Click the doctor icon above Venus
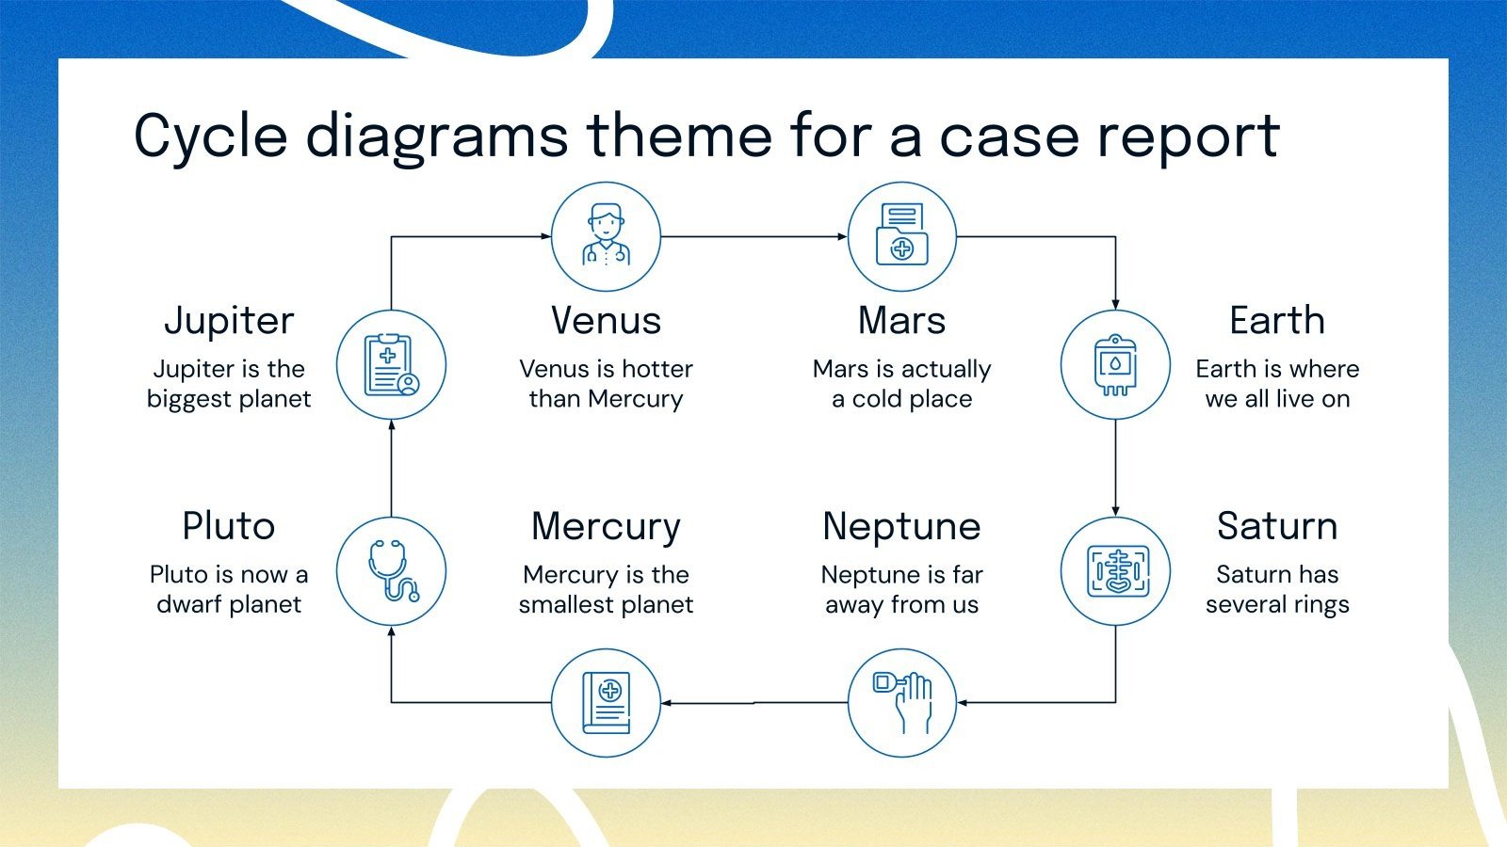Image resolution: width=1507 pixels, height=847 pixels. coord(606,236)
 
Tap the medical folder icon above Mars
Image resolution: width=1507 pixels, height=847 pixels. coord(902,236)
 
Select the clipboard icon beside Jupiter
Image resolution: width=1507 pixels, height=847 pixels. coord(391,365)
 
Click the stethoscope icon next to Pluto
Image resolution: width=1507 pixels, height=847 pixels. coord(391,571)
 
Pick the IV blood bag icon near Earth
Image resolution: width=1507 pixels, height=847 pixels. coord(1115,365)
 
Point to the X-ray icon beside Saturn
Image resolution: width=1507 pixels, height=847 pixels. coord(1115,571)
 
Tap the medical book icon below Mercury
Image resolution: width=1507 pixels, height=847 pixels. coord(606,702)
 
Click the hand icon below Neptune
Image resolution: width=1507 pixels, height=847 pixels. coord(902,702)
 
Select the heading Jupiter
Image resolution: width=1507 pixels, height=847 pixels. coord(229,321)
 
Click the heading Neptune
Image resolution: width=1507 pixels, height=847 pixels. coord(901,526)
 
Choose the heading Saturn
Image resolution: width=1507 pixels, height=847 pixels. coord(1276,526)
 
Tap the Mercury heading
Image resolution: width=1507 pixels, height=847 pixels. coord(606,526)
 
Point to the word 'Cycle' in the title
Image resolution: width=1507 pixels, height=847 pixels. coord(210,136)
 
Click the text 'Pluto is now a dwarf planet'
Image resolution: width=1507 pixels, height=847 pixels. coord(229,588)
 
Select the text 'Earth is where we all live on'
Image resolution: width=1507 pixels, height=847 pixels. coord(1277,383)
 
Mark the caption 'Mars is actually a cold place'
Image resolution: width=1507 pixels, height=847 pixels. coord(901,383)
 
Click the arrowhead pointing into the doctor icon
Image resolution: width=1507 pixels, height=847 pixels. coord(546,236)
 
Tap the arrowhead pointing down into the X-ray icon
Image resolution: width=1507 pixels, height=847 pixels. coord(1115,511)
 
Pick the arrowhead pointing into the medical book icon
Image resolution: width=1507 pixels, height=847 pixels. coord(666,702)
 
